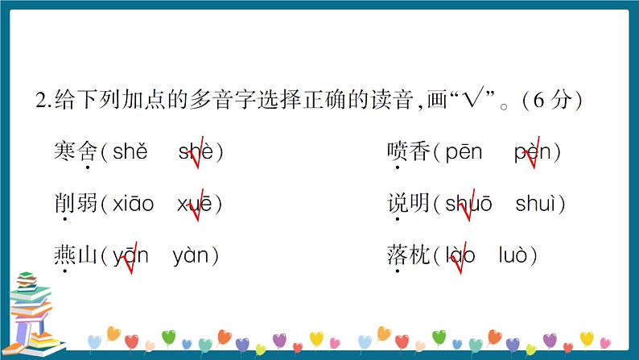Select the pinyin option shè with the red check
196,151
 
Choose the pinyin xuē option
195,205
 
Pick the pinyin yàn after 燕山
191,257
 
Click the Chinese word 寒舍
75,151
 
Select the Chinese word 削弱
75,205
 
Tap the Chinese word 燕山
75,257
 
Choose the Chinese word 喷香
408,151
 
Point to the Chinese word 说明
408,205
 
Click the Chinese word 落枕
408,257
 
